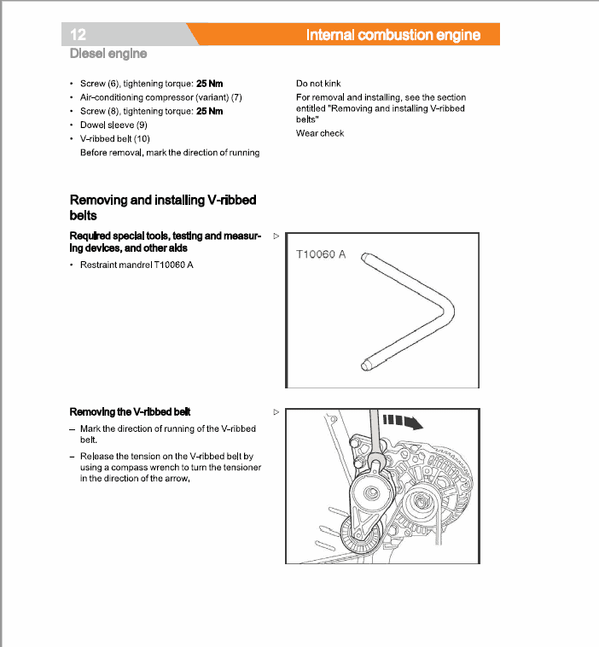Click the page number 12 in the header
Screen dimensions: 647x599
click(x=79, y=35)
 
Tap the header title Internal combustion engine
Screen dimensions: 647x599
click(x=393, y=35)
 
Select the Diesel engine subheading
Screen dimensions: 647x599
click(x=108, y=54)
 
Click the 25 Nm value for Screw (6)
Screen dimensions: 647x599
click(x=209, y=85)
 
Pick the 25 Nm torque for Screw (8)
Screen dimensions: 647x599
click(x=209, y=111)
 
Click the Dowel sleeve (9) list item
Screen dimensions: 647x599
click(x=113, y=125)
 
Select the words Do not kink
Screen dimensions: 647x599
click(x=318, y=85)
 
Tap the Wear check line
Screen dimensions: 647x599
click(x=320, y=133)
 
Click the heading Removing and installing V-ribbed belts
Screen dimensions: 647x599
click(x=162, y=207)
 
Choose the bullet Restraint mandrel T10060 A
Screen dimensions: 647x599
click(x=137, y=265)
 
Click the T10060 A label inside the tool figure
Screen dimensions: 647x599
click(x=320, y=255)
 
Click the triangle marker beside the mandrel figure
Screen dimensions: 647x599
click(x=275, y=234)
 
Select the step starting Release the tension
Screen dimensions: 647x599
click(x=170, y=468)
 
